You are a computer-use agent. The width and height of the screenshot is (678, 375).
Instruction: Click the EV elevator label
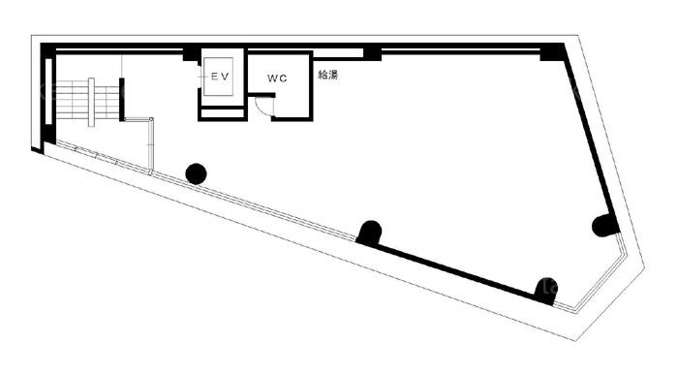[219, 77]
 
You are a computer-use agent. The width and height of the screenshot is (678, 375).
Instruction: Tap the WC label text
[277, 78]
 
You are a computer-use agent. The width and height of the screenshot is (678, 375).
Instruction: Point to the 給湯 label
[327, 75]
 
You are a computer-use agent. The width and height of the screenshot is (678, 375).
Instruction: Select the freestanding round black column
[196, 173]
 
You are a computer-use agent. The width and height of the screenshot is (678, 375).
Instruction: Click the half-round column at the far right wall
[604, 225]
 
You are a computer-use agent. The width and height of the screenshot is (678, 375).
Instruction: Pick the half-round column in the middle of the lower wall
[369, 233]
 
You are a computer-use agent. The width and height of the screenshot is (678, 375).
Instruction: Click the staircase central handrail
[91, 102]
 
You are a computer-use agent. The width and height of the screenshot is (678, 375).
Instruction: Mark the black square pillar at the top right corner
[552, 52]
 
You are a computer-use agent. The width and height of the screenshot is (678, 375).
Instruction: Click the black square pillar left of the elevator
[190, 53]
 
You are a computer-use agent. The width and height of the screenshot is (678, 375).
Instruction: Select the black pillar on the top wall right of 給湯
[372, 52]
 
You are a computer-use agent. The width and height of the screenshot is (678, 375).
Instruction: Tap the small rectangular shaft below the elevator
[222, 113]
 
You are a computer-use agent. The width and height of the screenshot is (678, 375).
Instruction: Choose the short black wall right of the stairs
[122, 99]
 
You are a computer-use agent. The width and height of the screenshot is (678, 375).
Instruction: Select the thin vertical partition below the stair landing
[150, 145]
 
